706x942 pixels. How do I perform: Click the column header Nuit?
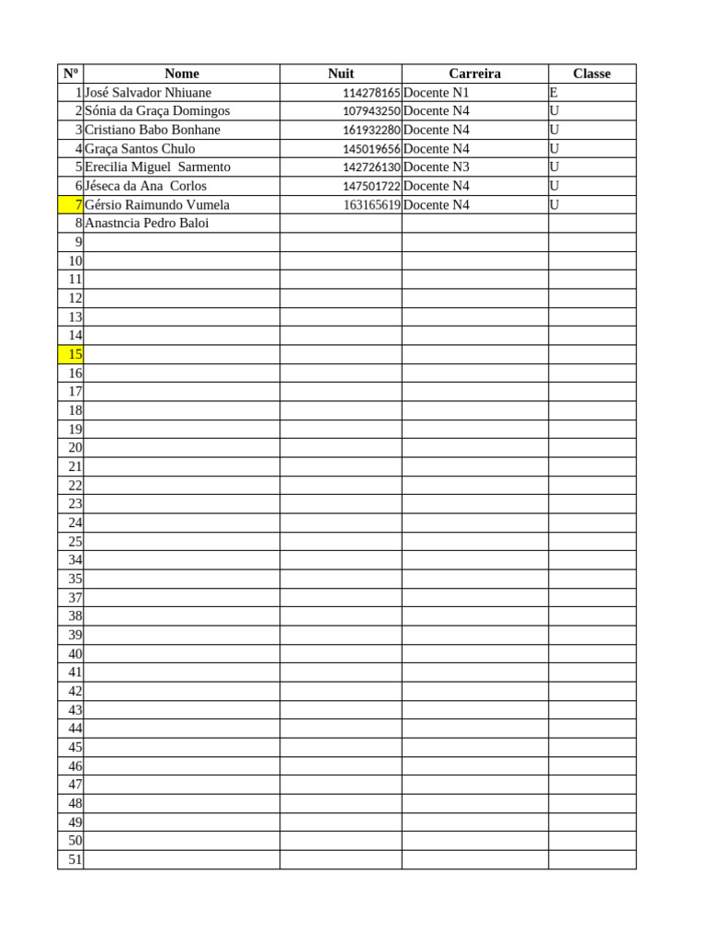click(340, 74)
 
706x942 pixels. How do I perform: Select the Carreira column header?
click(474, 74)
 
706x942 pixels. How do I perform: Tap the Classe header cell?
click(591, 74)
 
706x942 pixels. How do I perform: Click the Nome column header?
click(181, 74)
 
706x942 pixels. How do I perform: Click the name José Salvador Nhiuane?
click(148, 93)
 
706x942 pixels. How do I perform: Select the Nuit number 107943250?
click(371, 111)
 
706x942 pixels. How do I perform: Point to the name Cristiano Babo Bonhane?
click(153, 130)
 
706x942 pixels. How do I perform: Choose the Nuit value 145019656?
click(371, 149)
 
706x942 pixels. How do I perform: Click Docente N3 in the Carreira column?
click(436, 167)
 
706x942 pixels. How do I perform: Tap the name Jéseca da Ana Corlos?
click(145, 186)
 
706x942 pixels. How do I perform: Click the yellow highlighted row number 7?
click(71, 205)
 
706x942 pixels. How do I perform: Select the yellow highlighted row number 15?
click(71, 354)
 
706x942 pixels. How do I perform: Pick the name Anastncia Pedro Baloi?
click(147, 224)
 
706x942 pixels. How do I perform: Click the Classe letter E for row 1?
click(553, 93)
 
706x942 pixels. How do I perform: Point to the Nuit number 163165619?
click(371, 205)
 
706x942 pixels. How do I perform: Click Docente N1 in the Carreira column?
click(436, 93)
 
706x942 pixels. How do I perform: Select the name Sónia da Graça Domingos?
click(157, 111)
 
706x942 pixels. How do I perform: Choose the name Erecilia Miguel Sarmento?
click(157, 167)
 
